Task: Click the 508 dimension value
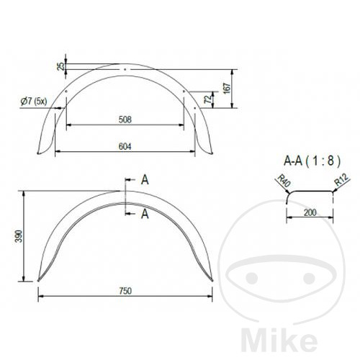pyautogui.click(x=125, y=120)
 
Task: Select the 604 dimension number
pyautogui.click(x=125, y=146)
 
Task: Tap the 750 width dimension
pyautogui.click(x=125, y=291)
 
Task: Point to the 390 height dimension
pyautogui.click(x=19, y=236)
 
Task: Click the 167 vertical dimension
pyautogui.click(x=227, y=89)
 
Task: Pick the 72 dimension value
pyautogui.click(x=208, y=99)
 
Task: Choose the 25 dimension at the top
pyautogui.click(x=61, y=66)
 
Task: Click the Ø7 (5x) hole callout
pyautogui.click(x=34, y=102)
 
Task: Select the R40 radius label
pyautogui.click(x=284, y=181)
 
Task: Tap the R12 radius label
pyautogui.click(x=342, y=180)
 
